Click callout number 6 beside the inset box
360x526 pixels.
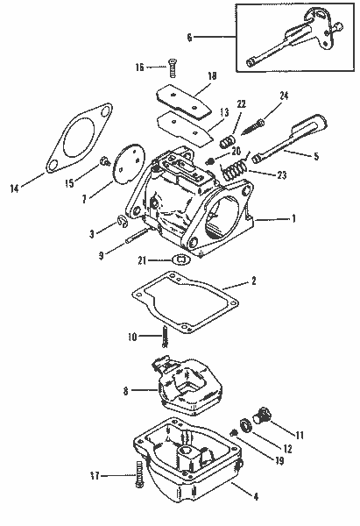189,37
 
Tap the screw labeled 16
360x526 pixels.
172,67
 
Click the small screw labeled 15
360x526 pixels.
105,160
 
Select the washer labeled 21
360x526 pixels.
180,259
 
